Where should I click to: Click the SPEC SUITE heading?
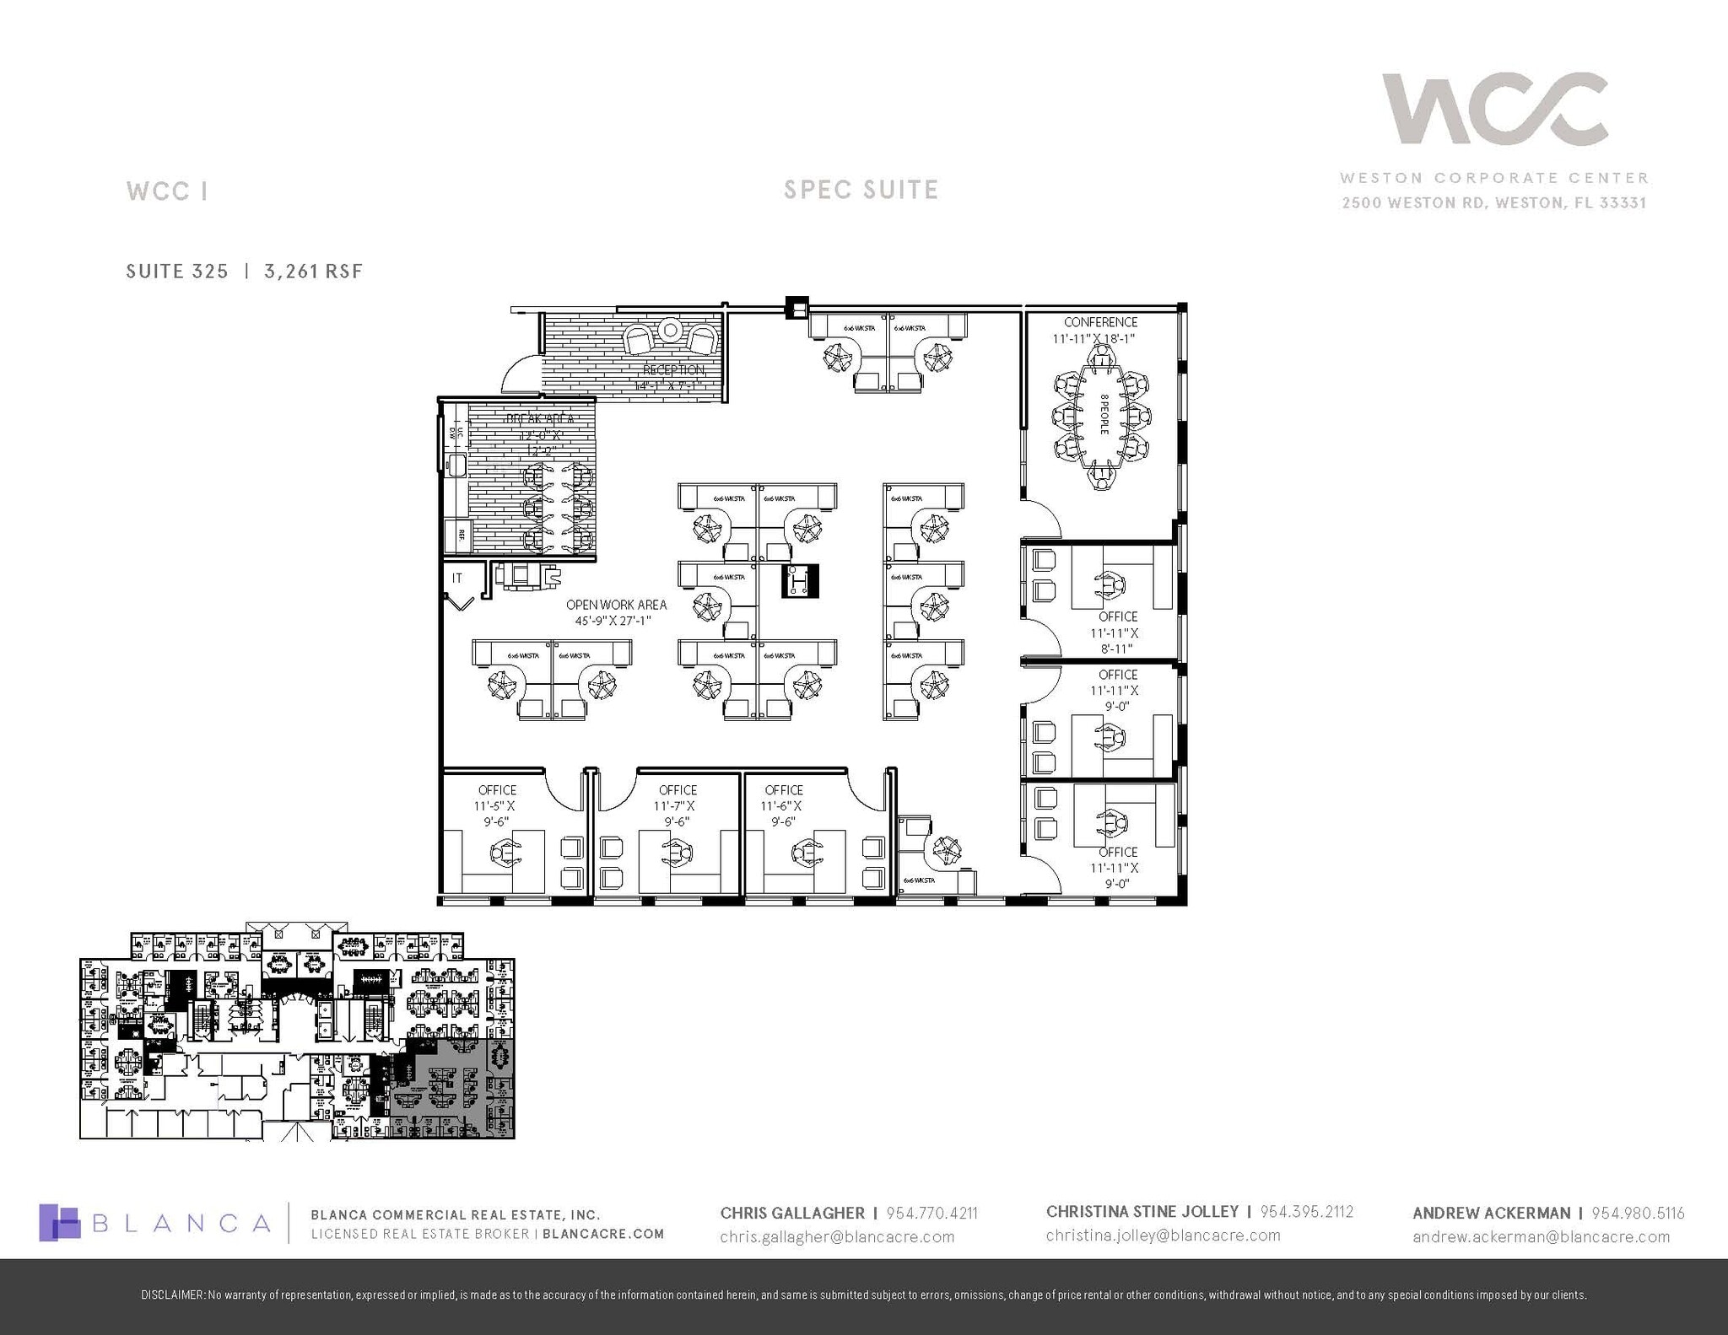[x=861, y=190]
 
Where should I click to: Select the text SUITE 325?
[x=177, y=271]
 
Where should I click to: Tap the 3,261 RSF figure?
[x=313, y=271]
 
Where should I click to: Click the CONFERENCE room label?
[x=1100, y=322]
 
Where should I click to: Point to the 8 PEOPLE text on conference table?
[x=1104, y=415]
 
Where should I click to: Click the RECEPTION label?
[x=673, y=370]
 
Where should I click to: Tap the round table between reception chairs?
[x=671, y=330]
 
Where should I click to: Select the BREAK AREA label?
[x=540, y=419]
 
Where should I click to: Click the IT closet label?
[x=457, y=578]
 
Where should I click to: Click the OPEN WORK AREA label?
[x=616, y=605]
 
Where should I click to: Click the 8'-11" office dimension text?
[x=1116, y=649]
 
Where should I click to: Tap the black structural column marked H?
[x=799, y=581]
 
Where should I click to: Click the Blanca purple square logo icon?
[x=60, y=1222]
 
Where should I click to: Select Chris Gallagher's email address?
[x=837, y=1237]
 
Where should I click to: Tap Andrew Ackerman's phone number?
[x=1638, y=1213]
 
